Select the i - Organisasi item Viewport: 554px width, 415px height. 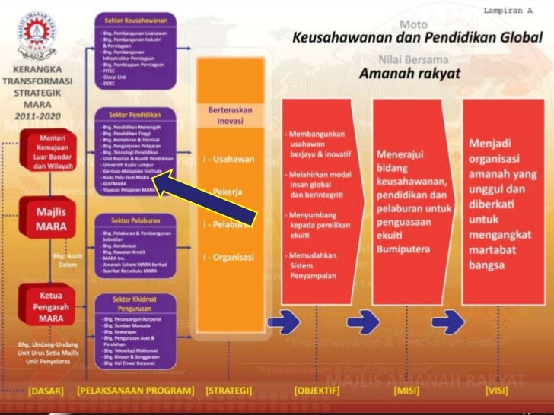pyautogui.click(x=228, y=257)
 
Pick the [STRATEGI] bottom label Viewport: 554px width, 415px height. pyautogui.click(x=228, y=392)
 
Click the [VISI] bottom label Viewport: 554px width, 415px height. pyautogui.click(x=501, y=392)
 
